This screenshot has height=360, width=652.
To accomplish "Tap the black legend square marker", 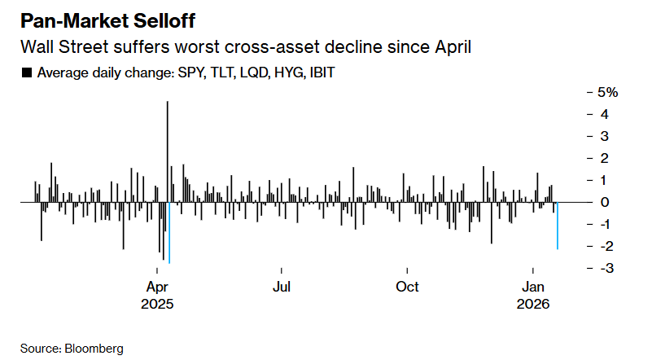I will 26,73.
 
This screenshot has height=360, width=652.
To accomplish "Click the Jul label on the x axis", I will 282,287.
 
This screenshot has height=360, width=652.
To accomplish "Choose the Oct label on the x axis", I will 407,287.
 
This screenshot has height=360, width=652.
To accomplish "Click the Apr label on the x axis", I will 156,287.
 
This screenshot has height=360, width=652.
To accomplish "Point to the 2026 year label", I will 533,304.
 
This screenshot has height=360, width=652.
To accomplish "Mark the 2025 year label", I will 156,304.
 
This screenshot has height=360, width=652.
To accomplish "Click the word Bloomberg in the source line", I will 94,348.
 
